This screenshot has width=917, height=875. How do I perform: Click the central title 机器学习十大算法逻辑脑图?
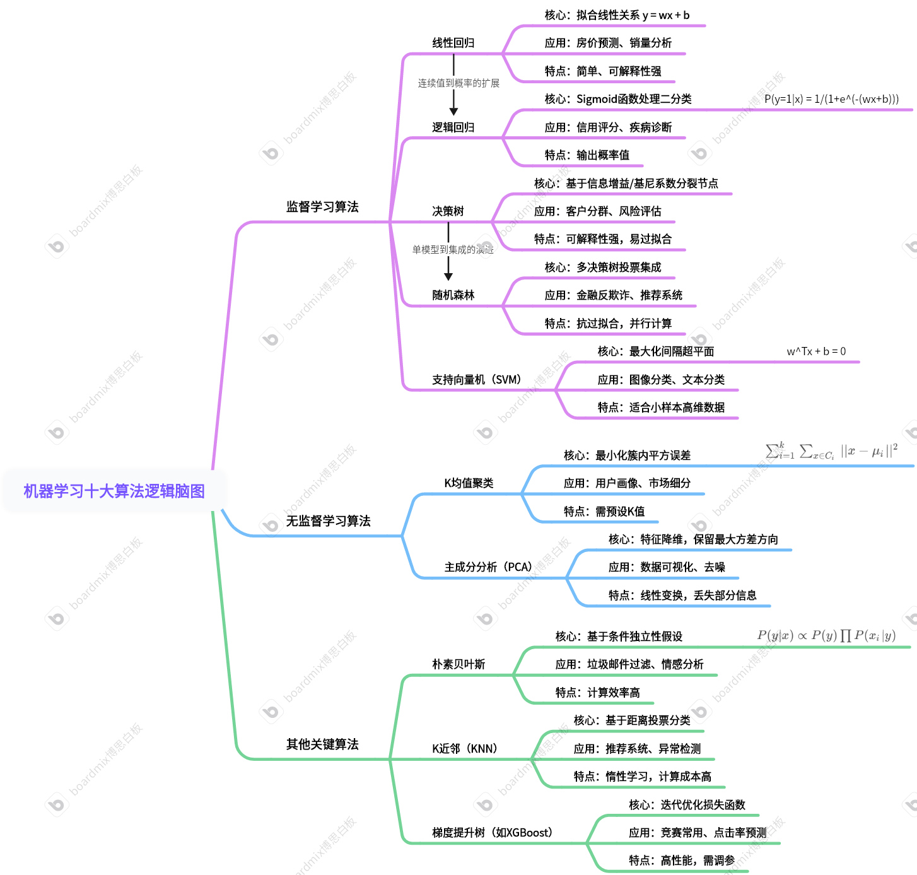coord(114,491)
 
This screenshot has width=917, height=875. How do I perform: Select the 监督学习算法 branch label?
coord(322,207)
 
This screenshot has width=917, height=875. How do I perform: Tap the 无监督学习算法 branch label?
coord(328,521)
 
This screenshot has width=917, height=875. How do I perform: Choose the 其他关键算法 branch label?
coord(322,744)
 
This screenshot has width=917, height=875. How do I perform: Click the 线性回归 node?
coord(453,43)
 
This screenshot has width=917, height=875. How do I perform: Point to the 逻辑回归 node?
coord(453,127)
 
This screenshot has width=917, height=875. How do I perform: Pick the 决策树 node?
coord(448,211)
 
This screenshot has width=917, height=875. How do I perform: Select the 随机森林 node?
coord(453,295)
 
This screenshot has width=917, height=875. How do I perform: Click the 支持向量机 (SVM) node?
coord(477,380)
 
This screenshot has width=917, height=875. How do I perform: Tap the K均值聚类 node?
coord(469,483)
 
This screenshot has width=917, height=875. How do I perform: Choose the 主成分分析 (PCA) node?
coord(489,567)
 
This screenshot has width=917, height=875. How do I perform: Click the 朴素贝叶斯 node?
coord(458,664)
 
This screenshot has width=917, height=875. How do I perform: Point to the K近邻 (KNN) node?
coord(465,749)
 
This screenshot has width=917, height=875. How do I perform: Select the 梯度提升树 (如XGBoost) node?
coord(493,833)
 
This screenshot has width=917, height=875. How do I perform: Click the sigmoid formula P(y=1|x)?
coord(831,99)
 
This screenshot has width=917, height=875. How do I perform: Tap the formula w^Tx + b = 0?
coord(816,351)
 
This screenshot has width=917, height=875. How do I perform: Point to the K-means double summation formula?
coord(831,451)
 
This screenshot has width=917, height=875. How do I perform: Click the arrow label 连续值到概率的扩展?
coord(458,83)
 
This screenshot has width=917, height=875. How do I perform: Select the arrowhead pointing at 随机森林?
coord(448,276)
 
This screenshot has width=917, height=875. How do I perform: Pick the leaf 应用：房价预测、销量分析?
coord(608,43)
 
